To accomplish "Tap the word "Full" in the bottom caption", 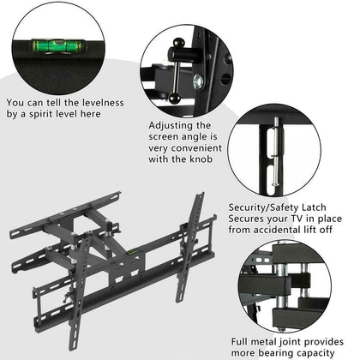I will [x=240, y=340].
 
